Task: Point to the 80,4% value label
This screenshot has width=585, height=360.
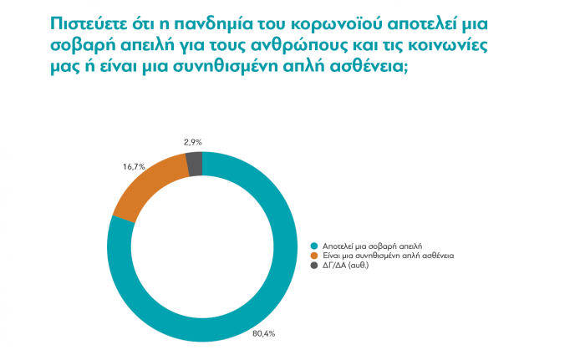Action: (264, 333)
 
